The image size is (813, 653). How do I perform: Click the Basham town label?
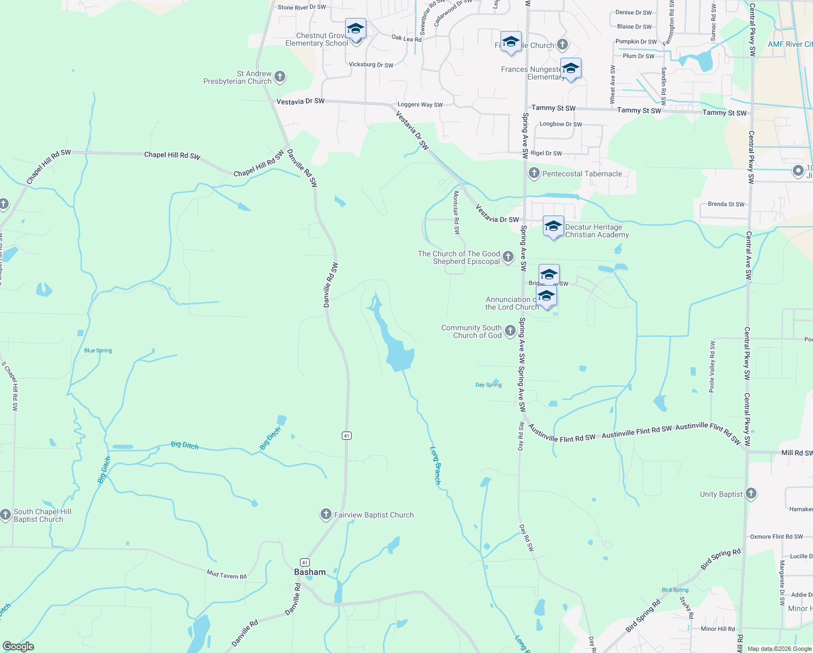pyautogui.click(x=310, y=572)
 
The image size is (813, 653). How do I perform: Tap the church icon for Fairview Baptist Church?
pyautogui.click(x=326, y=514)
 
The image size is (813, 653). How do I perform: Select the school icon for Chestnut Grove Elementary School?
pyautogui.click(x=355, y=29)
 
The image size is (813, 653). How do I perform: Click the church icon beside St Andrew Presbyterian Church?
pyautogui.click(x=280, y=77)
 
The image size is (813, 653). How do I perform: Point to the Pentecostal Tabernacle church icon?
pyautogui.click(x=534, y=174)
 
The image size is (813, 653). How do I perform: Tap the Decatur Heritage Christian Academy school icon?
pyautogui.click(x=553, y=226)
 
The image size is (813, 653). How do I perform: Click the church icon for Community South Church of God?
pyautogui.click(x=510, y=331)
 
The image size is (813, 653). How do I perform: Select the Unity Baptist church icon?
pyautogui.click(x=751, y=494)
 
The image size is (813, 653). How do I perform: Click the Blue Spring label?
pyautogui.click(x=98, y=350)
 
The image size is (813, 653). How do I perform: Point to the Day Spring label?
pyautogui.click(x=488, y=385)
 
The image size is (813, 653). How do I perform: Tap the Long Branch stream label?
pyautogui.click(x=435, y=465)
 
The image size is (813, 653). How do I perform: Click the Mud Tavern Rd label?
pyautogui.click(x=227, y=574)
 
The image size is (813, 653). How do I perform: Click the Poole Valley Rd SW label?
pyautogui.click(x=712, y=367)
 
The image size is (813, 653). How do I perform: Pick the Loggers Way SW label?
pyautogui.click(x=420, y=104)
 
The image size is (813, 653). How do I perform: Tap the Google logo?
pyautogui.click(x=18, y=646)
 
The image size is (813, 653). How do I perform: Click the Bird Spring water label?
pyautogui.click(x=675, y=590)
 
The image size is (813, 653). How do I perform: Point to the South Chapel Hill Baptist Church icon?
pyautogui.click(x=5, y=515)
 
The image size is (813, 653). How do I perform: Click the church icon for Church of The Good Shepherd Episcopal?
pyautogui.click(x=508, y=257)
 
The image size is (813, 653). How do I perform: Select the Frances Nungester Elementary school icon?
pyautogui.click(x=570, y=69)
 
